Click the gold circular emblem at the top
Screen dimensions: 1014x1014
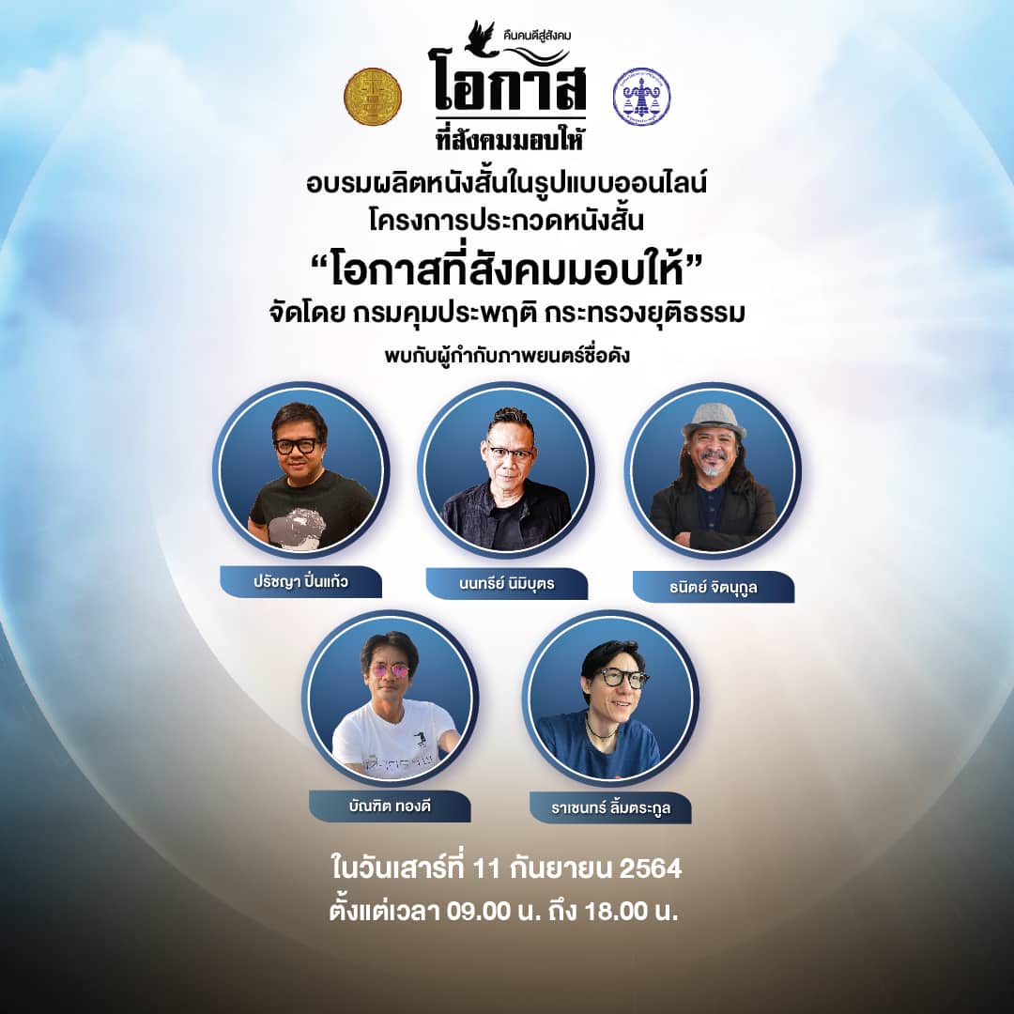(373, 97)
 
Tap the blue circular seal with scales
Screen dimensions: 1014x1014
(641, 97)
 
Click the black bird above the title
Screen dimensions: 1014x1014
(483, 38)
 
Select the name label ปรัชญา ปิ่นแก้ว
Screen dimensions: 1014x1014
(300, 581)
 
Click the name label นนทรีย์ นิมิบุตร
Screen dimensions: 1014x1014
(506, 583)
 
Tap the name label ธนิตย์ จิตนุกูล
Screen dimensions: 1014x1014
(714, 587)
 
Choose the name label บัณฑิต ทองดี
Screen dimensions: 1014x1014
(390, 807)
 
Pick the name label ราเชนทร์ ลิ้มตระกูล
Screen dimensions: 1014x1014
(610, 808)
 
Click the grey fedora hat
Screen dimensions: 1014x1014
(714, 421)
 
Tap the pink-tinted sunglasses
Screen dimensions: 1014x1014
(391, 672)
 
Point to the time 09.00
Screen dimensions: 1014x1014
(479, 911)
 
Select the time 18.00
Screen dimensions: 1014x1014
(616, 911)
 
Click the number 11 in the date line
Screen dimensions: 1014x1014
(487, 868)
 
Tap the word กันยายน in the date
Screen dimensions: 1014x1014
(561, 868)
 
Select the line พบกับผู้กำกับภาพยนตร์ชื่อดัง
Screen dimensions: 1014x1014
(507, 356)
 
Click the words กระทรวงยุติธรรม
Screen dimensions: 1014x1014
(645, 313)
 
